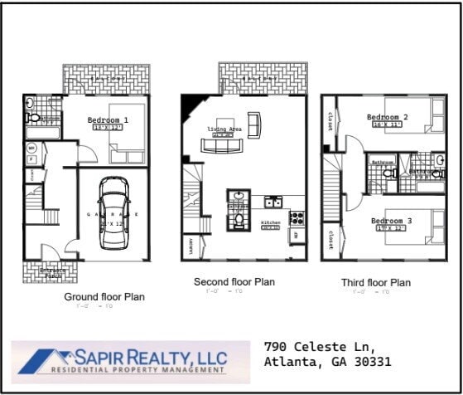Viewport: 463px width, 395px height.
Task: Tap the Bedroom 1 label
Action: tap(108, 120)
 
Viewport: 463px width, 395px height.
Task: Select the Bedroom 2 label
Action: tap(387, 117)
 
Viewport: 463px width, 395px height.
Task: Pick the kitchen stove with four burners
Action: tap(296, 217)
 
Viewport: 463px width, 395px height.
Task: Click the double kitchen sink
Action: tap(272, 202)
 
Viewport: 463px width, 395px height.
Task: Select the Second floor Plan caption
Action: tap(234, 282)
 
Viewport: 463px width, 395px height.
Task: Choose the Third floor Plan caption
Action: tap(375, 283)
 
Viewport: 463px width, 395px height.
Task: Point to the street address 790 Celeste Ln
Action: tap(319, 345)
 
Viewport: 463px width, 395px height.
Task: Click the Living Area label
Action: tap(224, 129)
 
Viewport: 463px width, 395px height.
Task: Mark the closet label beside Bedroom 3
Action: tap(330, 240)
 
